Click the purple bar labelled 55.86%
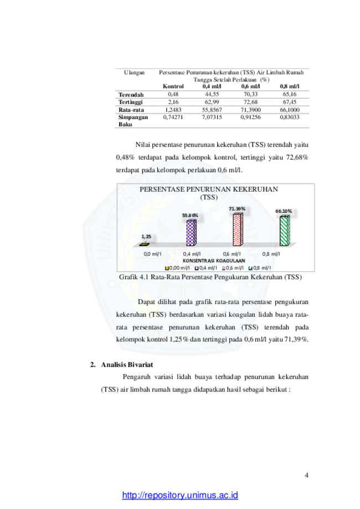pyautogui.click(x=191, y=233)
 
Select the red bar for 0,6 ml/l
pyautogui.click(x=237, y=229)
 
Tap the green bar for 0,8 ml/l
pyautogui.click(x=284, y=231)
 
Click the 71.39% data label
pyautogui.click(x=237, y=209)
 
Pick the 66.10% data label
pyautogui.click(x=284, y=211)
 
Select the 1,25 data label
pyautogui.click(x=146, y=236)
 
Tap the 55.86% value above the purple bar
pyautogui.click(x=190, y=215)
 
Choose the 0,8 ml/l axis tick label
pyautogui.click(x=271, y=254)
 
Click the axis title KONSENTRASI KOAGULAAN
pyautogui.click(x=214, y=260)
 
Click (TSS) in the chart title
pyautogui.click(x=209, y=197)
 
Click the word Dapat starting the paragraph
pyautogui.click(x=146, y=302)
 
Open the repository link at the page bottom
pyautogui.click(x=180, y=495)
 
